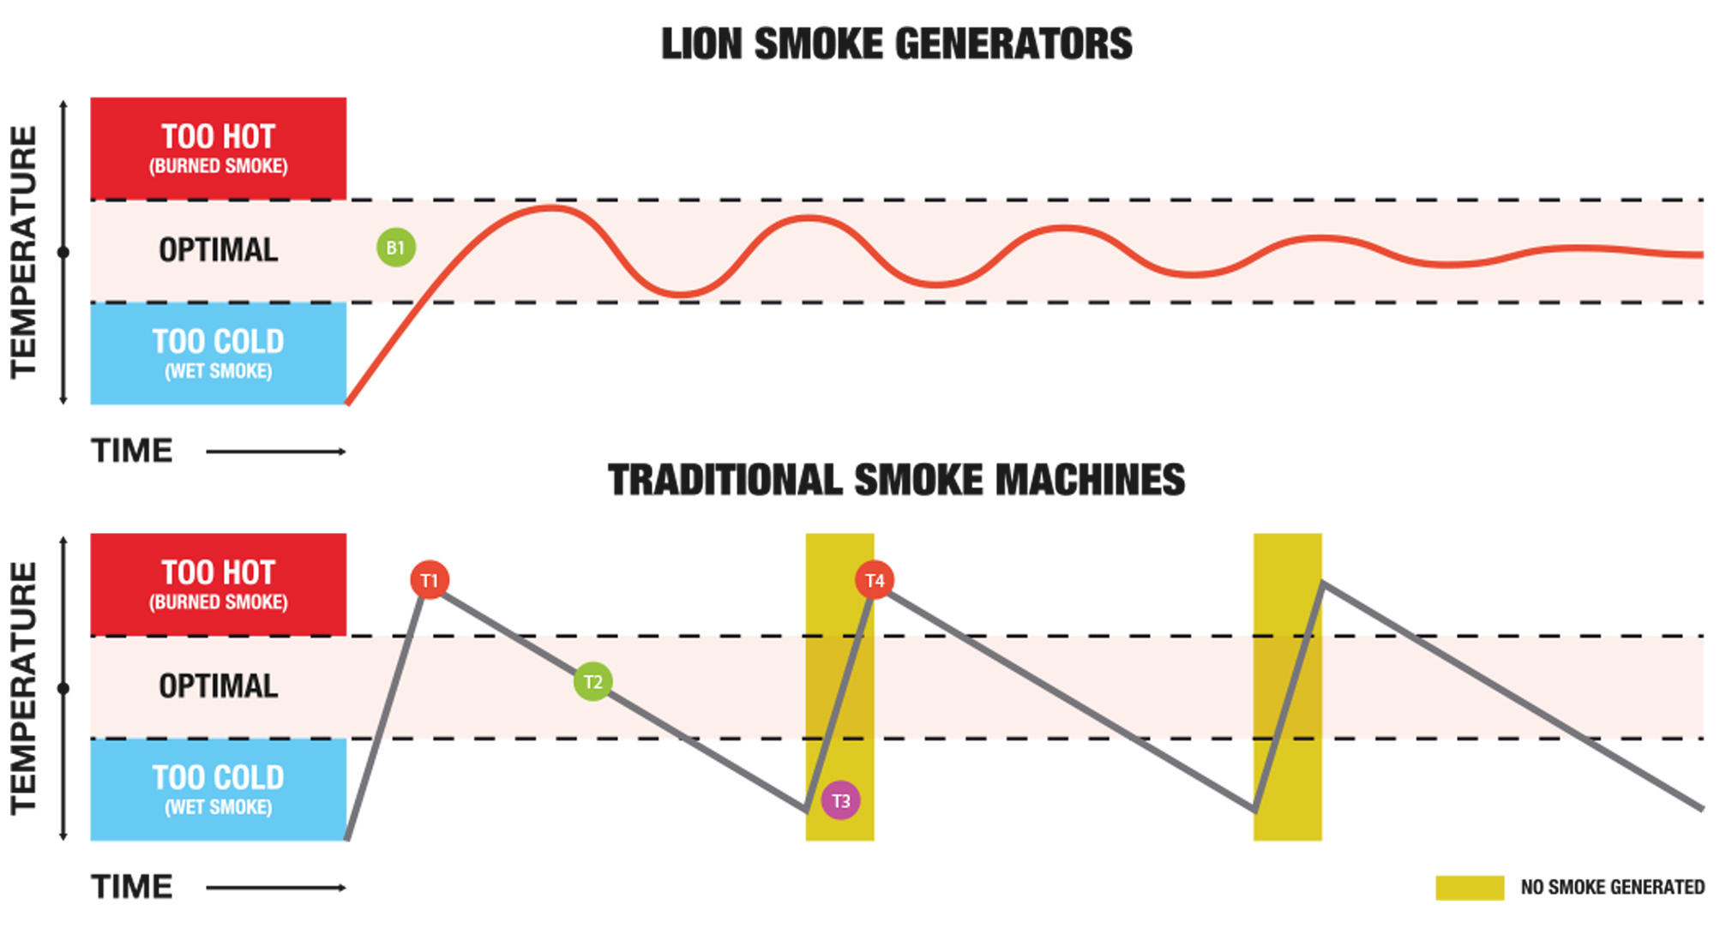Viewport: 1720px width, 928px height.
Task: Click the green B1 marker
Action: pos(395,248)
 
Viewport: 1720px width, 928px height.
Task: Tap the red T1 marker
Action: pos(430,580)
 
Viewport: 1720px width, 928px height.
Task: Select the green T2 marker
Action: pos(592,682)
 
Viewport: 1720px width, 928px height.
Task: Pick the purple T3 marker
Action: pos(840,800)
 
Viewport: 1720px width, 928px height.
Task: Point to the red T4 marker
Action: pos(875,580)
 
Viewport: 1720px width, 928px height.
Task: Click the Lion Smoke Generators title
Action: pos(896,45)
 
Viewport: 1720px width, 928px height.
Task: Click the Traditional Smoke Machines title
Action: pos(896,480)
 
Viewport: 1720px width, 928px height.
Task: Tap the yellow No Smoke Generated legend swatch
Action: pos(1470,887)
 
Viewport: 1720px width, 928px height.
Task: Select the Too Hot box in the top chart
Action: pos(219,148)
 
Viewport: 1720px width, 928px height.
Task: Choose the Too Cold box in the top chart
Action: pos(219,353)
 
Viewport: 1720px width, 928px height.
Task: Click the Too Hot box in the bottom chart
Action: pos(219,584)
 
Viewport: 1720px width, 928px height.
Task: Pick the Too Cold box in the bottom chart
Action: pos(219,789)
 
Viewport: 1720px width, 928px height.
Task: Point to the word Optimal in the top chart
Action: pos(219,250)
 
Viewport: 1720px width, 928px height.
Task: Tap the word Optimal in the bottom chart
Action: pos(219,686)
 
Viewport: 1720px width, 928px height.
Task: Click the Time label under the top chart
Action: pos(132,451)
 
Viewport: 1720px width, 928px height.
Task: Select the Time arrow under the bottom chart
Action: pos(275,888)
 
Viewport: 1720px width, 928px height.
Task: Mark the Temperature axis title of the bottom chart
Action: pos(24,687)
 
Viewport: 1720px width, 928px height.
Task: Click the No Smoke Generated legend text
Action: pos(1612,887)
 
